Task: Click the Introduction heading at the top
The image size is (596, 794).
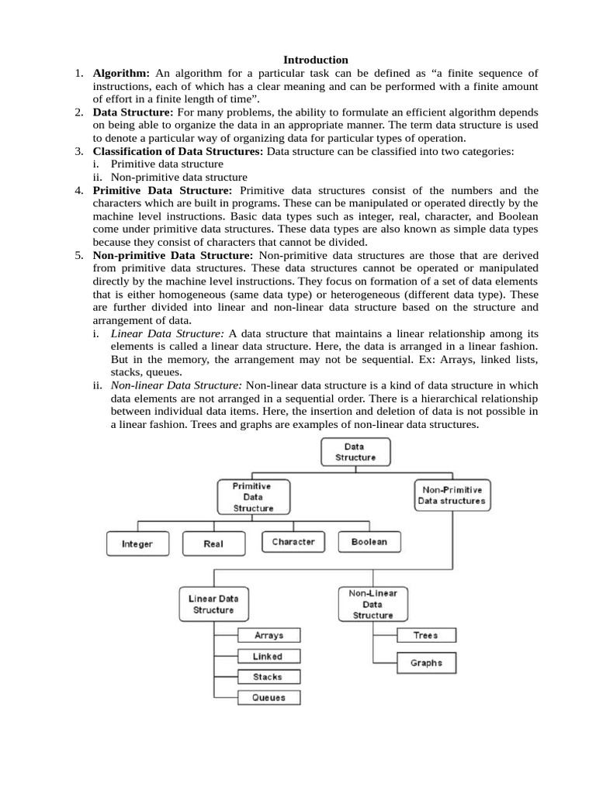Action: [316, 60]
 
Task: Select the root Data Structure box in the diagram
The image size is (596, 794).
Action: [355, 451]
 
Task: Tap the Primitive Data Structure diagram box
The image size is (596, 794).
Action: [253, 496]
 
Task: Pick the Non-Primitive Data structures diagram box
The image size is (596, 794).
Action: [452, 495]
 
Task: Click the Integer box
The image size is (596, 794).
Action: [137, 544]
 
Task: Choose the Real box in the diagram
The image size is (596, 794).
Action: [213, 544]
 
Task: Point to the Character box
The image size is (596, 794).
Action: [293, 542]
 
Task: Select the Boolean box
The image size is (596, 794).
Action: [369, 542]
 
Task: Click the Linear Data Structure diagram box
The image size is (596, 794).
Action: [213, 604]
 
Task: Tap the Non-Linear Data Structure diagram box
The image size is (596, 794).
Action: [373, 604]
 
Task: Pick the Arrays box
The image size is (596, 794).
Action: [269, 636]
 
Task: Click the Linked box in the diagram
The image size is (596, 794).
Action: [269, 656]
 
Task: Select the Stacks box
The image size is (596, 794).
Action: [269, 677]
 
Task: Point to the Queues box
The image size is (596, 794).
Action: [269, 698]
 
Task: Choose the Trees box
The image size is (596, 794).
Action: [426, 636]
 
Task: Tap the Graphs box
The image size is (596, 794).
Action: [426, 663]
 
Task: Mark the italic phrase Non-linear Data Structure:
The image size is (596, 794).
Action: [177, 385]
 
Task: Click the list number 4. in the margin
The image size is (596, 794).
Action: [80, 191]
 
